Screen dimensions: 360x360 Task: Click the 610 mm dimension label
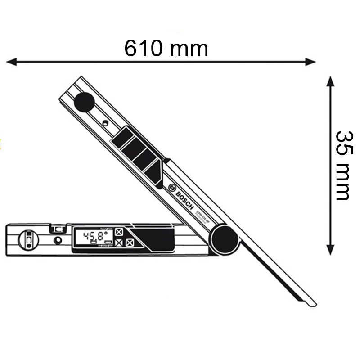coord(166,48)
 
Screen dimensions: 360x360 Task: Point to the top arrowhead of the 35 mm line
coord(330,81)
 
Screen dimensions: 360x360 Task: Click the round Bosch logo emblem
coord(171,188)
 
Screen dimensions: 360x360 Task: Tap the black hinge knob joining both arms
coord(225,239)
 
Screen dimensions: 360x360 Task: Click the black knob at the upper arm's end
coord(84,102)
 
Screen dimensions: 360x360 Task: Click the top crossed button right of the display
coord(119,233)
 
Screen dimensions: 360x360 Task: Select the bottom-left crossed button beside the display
coord(119,243)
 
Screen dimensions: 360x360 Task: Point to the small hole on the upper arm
coord(104,122)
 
